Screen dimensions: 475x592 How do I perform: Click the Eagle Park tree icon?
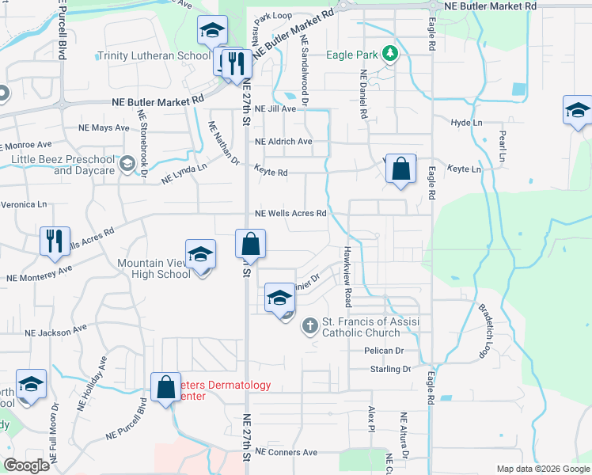389,54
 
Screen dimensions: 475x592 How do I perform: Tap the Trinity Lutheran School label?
154,56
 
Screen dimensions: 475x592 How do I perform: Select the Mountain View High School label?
154,268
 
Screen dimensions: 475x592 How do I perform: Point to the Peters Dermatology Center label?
223,390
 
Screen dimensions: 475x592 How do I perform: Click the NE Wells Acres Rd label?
290,214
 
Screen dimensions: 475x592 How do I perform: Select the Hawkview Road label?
347,275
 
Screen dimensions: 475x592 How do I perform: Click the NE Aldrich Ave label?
283,142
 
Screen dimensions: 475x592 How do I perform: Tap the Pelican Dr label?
384,350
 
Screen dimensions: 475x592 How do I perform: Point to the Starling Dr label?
390,369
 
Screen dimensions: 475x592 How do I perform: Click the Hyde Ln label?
466,123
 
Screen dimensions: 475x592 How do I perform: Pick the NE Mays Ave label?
104,127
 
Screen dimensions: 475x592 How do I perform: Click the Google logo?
27,465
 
